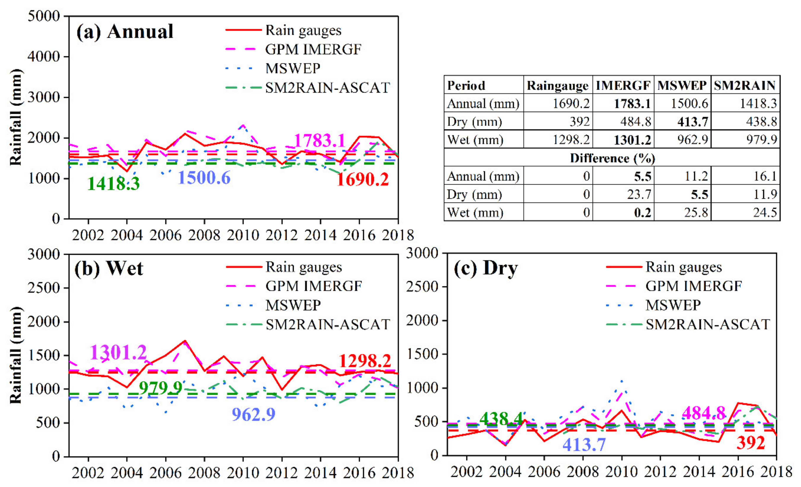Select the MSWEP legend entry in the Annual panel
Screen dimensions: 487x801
(293, 68)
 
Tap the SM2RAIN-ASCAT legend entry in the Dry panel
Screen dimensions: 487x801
(707, 324)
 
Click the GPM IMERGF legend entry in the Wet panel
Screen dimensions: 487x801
(313, 286)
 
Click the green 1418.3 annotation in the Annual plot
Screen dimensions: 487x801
(113, 183)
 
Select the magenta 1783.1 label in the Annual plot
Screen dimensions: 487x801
(319, 141)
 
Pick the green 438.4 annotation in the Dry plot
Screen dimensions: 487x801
(501, 418)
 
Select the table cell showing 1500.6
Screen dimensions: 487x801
(689, 104)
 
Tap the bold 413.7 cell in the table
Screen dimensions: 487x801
(692, 122)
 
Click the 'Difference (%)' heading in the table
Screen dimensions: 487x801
(612, 158)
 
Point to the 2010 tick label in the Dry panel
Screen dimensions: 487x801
(621, 471)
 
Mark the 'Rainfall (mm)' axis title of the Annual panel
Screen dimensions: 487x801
(16, 117)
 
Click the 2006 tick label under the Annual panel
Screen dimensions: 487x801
(166, 235)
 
